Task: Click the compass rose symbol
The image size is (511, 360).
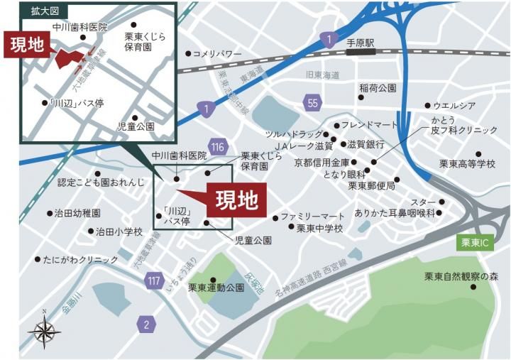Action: pos(44,329)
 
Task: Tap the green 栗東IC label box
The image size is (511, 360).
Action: pos(475,242)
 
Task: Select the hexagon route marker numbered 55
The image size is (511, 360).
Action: pos(313,104)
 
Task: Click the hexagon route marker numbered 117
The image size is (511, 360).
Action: pos(153,280)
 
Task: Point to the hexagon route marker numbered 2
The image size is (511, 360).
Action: pos(146,324)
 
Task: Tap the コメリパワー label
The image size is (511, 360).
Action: pos(217,54)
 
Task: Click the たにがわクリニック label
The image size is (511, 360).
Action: pos(80,261)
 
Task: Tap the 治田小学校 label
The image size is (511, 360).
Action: pos(119,232)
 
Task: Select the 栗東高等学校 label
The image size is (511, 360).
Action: pos(466,164)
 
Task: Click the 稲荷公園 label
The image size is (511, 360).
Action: pos(377,89)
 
